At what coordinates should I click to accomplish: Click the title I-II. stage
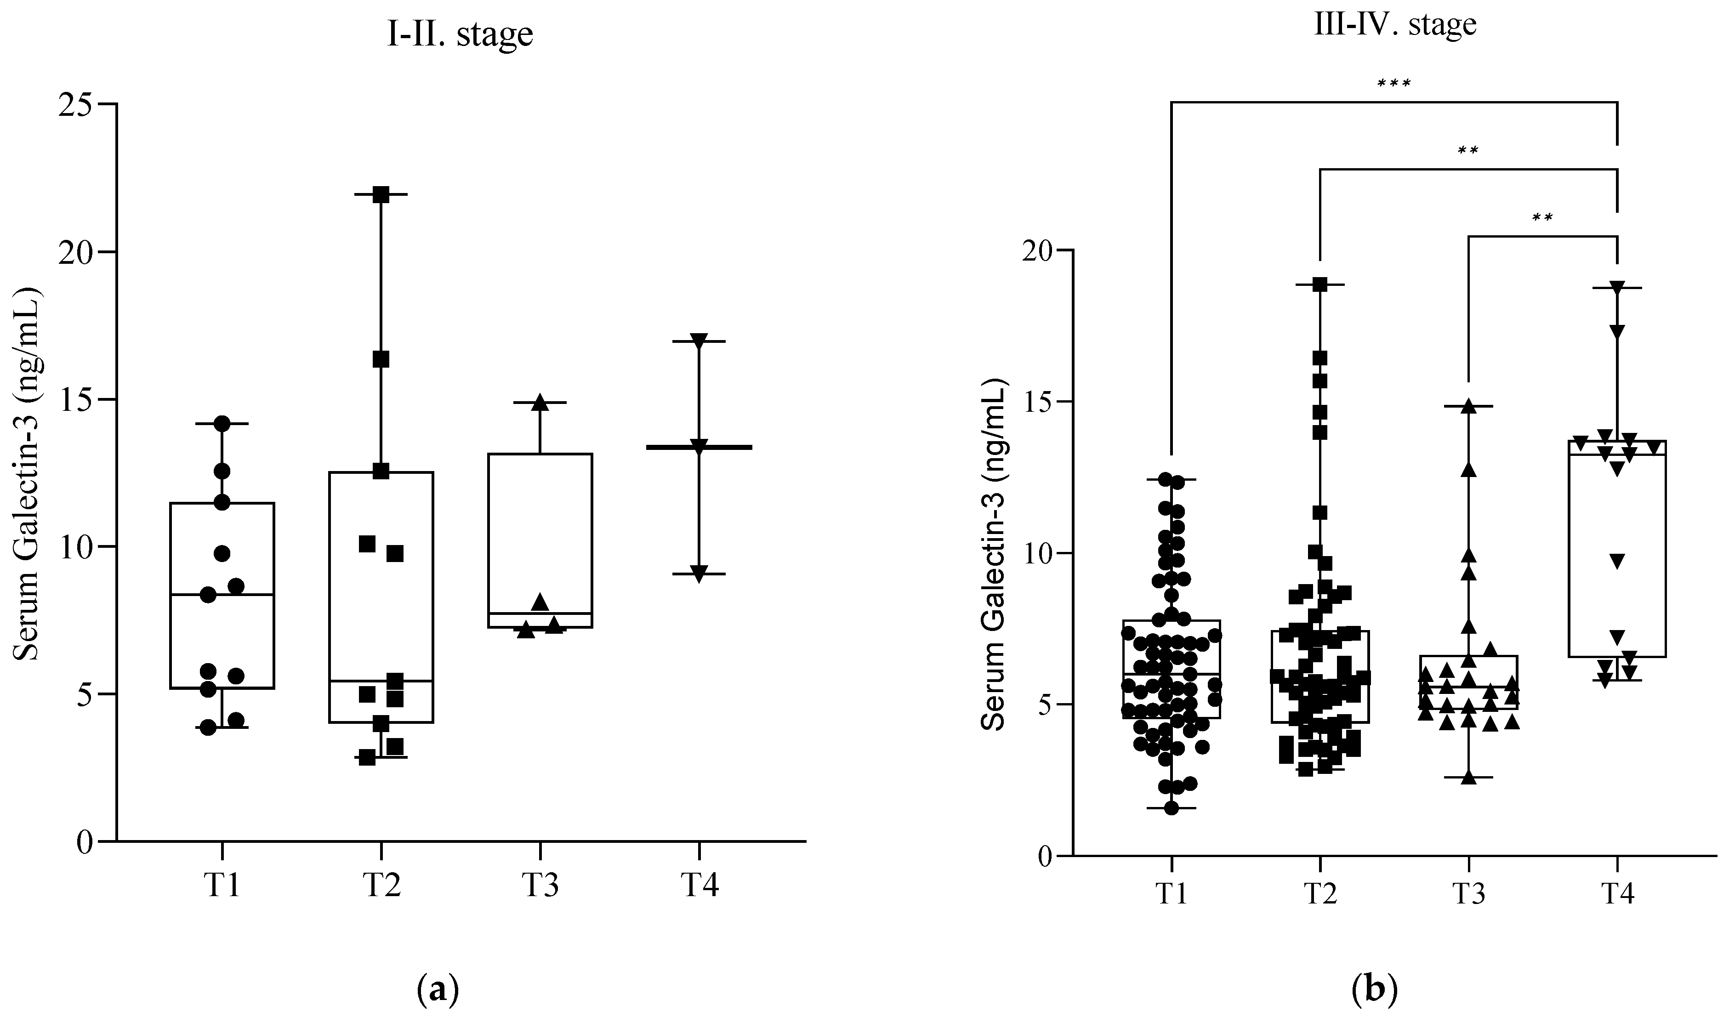(x=460, y=34)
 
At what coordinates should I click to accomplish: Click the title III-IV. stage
(x=1395, y=25)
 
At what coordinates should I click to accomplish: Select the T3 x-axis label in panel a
(x=540, y=886)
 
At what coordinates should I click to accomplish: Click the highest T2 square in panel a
(x=381, y=194)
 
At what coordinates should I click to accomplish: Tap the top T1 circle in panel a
(x=222, y=423)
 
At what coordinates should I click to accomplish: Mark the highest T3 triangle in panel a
(x=540, y=402)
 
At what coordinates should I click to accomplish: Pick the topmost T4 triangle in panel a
(x=699, y=341)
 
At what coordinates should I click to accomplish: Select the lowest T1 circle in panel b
(x=1171, y=808)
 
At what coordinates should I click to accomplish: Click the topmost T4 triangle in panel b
(x=1617, y=288)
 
